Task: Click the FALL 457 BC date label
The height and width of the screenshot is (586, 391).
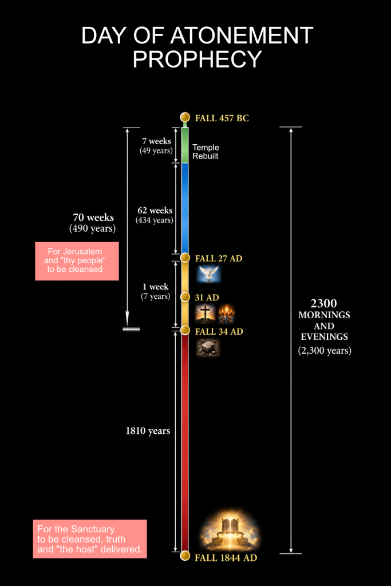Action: click(x=222, y=118)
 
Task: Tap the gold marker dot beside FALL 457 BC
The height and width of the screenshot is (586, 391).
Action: click(x=185, y=117)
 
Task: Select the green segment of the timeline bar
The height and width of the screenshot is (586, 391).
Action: click(x=185, y=145)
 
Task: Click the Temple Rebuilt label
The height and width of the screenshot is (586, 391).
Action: click(x=206, y=152)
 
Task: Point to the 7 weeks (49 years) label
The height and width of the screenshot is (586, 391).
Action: click(x=156, y=146)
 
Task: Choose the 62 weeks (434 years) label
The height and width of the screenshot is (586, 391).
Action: click(x=155, y=215)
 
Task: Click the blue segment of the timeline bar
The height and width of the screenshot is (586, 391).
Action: click(x=185, y=208)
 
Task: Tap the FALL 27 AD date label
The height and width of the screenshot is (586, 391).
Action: click(x=219, y=258)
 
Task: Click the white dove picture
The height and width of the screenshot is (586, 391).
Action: click(x=209, y=274)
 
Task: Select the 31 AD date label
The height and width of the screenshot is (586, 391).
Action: click(x=207, y=298)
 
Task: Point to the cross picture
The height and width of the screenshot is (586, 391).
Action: click(x=205, y=314)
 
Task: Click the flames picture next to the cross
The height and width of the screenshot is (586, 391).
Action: click(x=227, y=314)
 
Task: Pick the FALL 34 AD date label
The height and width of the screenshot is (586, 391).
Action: click(x=219, y=331)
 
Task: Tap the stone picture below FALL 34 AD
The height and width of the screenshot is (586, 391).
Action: click(x=208, y=347)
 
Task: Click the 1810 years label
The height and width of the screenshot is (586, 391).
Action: click(x=148, y=431)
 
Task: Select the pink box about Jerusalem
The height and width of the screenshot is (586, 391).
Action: click(x=77, y=261)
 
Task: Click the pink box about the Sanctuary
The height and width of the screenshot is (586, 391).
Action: click(x=90, y=539)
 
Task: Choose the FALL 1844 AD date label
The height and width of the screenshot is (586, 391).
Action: click(x=226, y=558)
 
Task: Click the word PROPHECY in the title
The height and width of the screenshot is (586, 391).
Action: click(x=198, y=59)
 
